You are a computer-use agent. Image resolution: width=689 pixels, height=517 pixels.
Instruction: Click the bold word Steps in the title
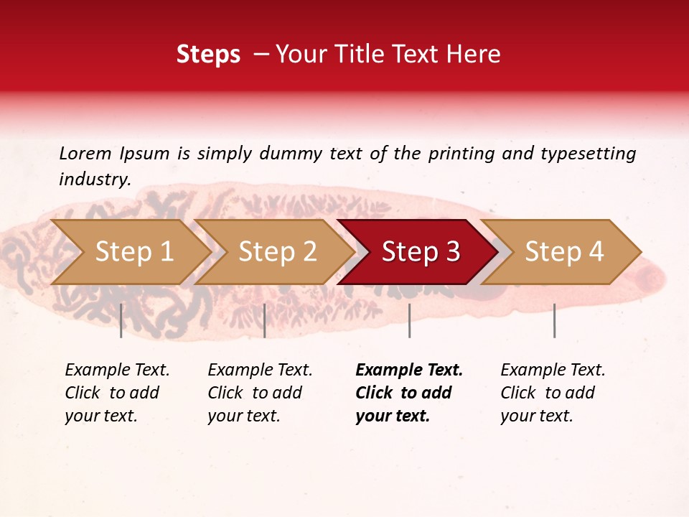pyautogui.click(x=208, y=55)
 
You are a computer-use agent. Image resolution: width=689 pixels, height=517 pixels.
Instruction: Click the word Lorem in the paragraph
pyautogui.click(x=85, y=153)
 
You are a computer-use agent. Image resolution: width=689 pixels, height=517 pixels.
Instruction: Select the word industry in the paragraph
pyautogui.click(x=94, y=180)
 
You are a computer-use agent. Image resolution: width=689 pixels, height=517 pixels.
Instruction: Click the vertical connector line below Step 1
pyautogui.click(x=121, y=320)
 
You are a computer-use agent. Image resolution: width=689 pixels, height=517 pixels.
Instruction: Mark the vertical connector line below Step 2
pyautogui.click(x=265, y=320)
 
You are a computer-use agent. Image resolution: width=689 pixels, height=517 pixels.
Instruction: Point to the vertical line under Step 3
pyautogui.click(x=409, y=320)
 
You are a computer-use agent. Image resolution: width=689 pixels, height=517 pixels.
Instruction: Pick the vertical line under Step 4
pyautogui.click(x=554, y=320)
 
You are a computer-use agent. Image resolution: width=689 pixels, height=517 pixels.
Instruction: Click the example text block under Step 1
pyautogui.click(x=117, y=393)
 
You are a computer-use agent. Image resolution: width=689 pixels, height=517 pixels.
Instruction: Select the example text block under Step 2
pyautogui.click(x=260, y=393)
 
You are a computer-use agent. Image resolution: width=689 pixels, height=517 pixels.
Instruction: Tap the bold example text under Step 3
pyautogui.click(x=409, y=393)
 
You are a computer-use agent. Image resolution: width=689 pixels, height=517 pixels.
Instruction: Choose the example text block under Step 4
pyautogui.click(x=553, y=393)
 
